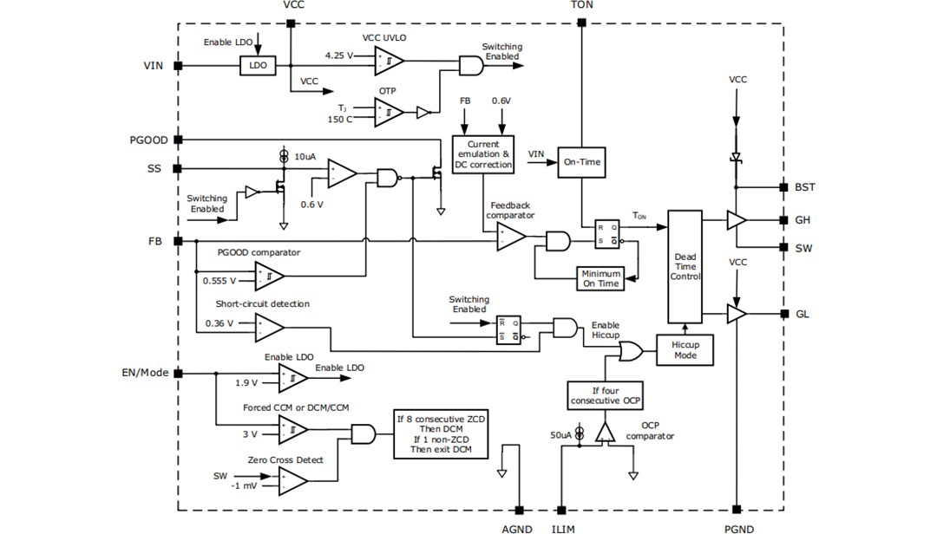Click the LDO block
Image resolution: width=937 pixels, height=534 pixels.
pos(257,65)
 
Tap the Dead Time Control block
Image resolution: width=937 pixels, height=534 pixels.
pos(685,265)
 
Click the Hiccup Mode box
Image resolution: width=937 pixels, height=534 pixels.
pos(685,349)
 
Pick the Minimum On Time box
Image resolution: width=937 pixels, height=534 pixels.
pos(600,278)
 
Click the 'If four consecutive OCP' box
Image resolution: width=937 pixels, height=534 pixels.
pos(606,395)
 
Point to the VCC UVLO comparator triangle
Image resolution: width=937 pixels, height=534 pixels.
pos(388,60)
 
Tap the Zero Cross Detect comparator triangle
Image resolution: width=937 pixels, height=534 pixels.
pos(292,479)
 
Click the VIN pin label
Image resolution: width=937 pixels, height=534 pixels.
pos(153,65)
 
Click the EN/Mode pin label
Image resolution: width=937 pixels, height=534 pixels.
pos(142,373)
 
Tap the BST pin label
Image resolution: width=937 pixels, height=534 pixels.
pos(805,187)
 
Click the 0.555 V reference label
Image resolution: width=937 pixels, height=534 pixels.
pos(217,281)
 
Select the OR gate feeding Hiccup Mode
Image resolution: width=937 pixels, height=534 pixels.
pos(630,350)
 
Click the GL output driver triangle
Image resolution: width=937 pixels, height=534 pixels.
pos(736,314)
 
